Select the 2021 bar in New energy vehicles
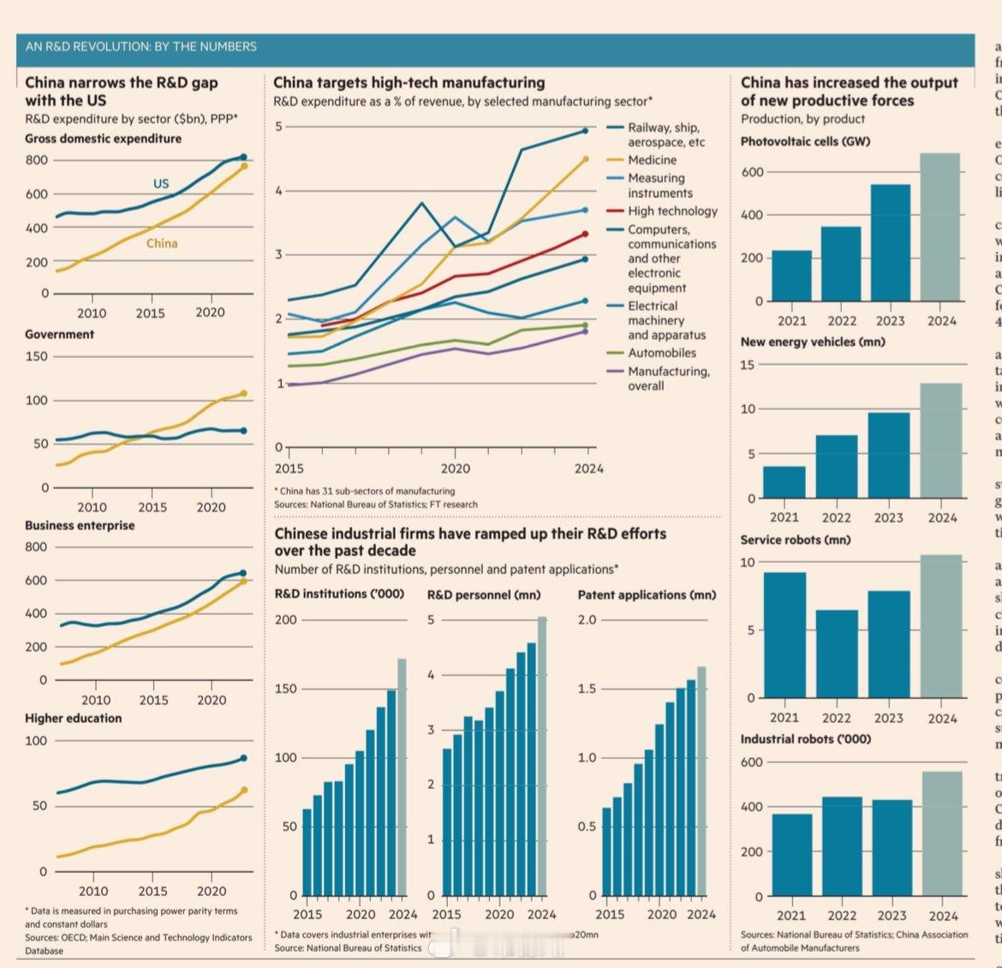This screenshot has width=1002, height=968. tap(784, 481)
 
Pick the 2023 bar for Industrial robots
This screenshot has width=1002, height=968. tap(892, 847)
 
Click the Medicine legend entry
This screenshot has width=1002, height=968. tap(652, 160)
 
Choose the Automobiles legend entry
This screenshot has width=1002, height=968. tap(661, 353)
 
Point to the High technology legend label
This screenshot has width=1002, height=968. tap(672, 211)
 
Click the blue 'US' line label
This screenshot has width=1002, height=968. tap(161, 183)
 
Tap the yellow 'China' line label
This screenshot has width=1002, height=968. tap(162, 243)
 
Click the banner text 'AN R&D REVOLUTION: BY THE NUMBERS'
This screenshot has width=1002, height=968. tap(141, 46)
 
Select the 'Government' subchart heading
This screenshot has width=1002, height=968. tap(59, 334)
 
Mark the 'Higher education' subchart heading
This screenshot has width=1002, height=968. tap(73, 718)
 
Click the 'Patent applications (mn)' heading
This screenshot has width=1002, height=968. tap(647, 595)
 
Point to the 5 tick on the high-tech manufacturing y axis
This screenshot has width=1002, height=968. tap(278, 127)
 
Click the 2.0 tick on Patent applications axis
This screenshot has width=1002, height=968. tap(587, 619)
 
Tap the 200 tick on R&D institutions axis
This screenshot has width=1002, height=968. tap(285, 619)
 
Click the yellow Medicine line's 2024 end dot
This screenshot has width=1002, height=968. tap(586, 158)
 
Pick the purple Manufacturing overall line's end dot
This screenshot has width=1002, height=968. tap(586, 332)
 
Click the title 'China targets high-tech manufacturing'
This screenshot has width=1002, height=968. tap(409, 82)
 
